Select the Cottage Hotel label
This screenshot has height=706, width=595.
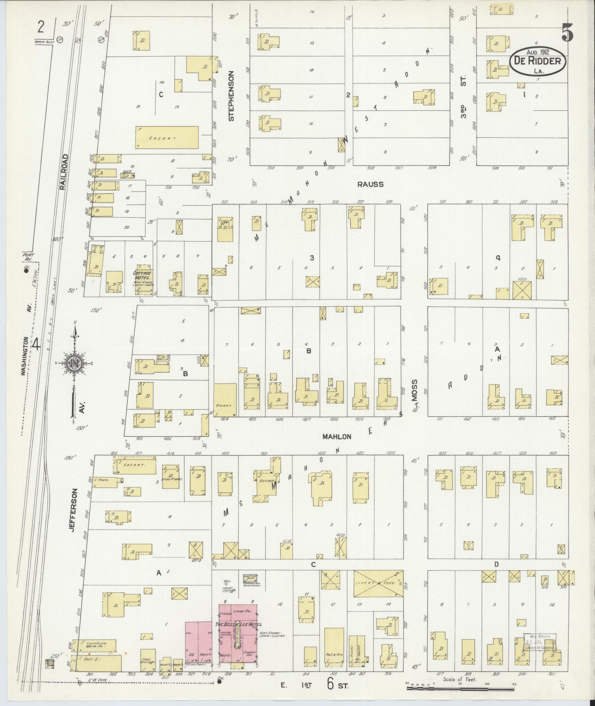143,275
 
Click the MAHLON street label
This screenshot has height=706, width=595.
336,437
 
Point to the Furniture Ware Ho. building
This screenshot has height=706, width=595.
94,645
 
